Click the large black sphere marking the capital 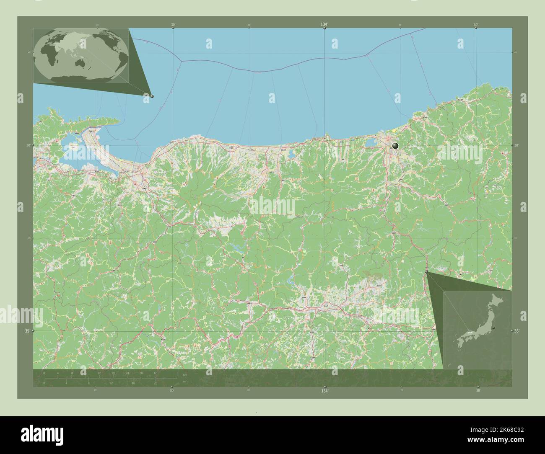[x=394, y=146]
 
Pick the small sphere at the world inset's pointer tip [x=152, y=96]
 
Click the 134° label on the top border [x=324, y=25]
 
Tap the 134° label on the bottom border [x=324, y=391]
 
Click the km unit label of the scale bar [x=185, y=374]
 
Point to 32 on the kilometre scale [x=155, y=373]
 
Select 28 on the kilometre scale [x=141, y=373]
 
